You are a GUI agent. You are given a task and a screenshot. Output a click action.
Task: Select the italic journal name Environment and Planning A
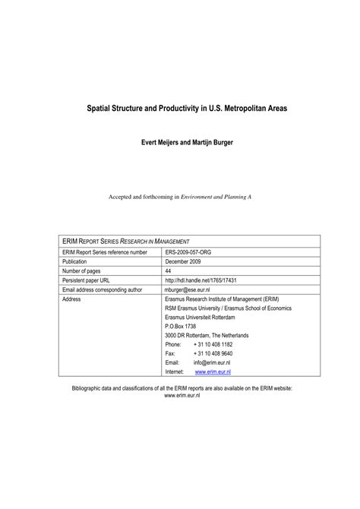216,196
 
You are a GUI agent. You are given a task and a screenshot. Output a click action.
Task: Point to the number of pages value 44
168,270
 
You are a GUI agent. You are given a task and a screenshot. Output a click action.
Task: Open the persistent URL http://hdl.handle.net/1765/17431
201,280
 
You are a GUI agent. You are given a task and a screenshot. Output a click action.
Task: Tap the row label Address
71,299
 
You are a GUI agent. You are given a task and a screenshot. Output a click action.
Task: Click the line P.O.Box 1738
180,326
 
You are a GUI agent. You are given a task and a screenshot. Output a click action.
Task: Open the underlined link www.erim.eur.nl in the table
213,372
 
